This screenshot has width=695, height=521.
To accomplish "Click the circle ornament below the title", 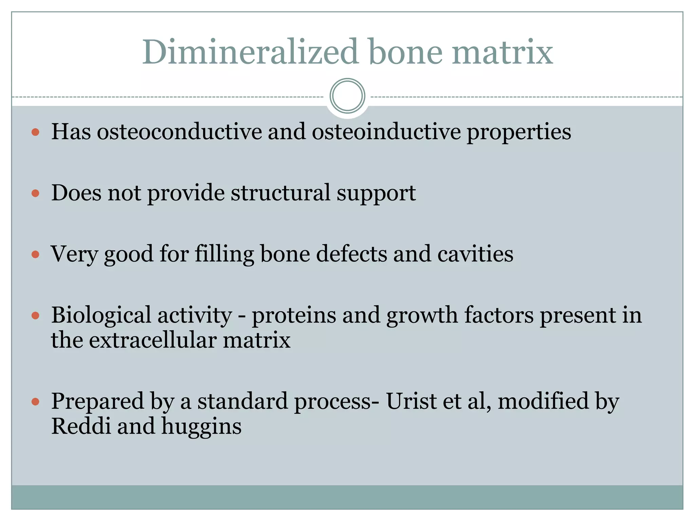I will click(x=347, y=96).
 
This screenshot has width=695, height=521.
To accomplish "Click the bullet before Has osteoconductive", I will click(x=35, y=132).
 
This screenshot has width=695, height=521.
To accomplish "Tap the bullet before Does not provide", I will click(x=35, y=193).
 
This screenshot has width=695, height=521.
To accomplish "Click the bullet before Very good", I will click(x=35, y=254).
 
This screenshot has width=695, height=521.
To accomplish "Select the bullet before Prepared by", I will click(x=35, y=402).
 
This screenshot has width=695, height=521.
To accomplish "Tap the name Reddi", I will click(x=81, y=426).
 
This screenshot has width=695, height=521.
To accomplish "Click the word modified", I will click(x=543, y=401).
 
